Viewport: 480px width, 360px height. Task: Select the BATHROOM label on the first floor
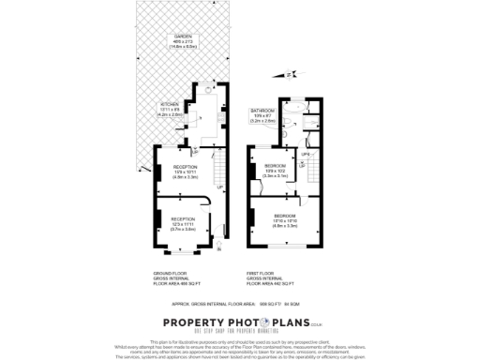pyautogui.click(x=262, y=112)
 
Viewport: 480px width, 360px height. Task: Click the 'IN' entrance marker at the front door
pyautogui.click(x=217, y=248)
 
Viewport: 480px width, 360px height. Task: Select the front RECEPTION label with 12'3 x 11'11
pyautogui.click(x=183, y=222)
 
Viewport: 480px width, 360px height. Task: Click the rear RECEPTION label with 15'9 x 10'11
pyautogui.click(x=184, y=170)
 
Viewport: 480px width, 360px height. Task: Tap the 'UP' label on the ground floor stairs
pyautogui.click(x=220, y=187)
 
